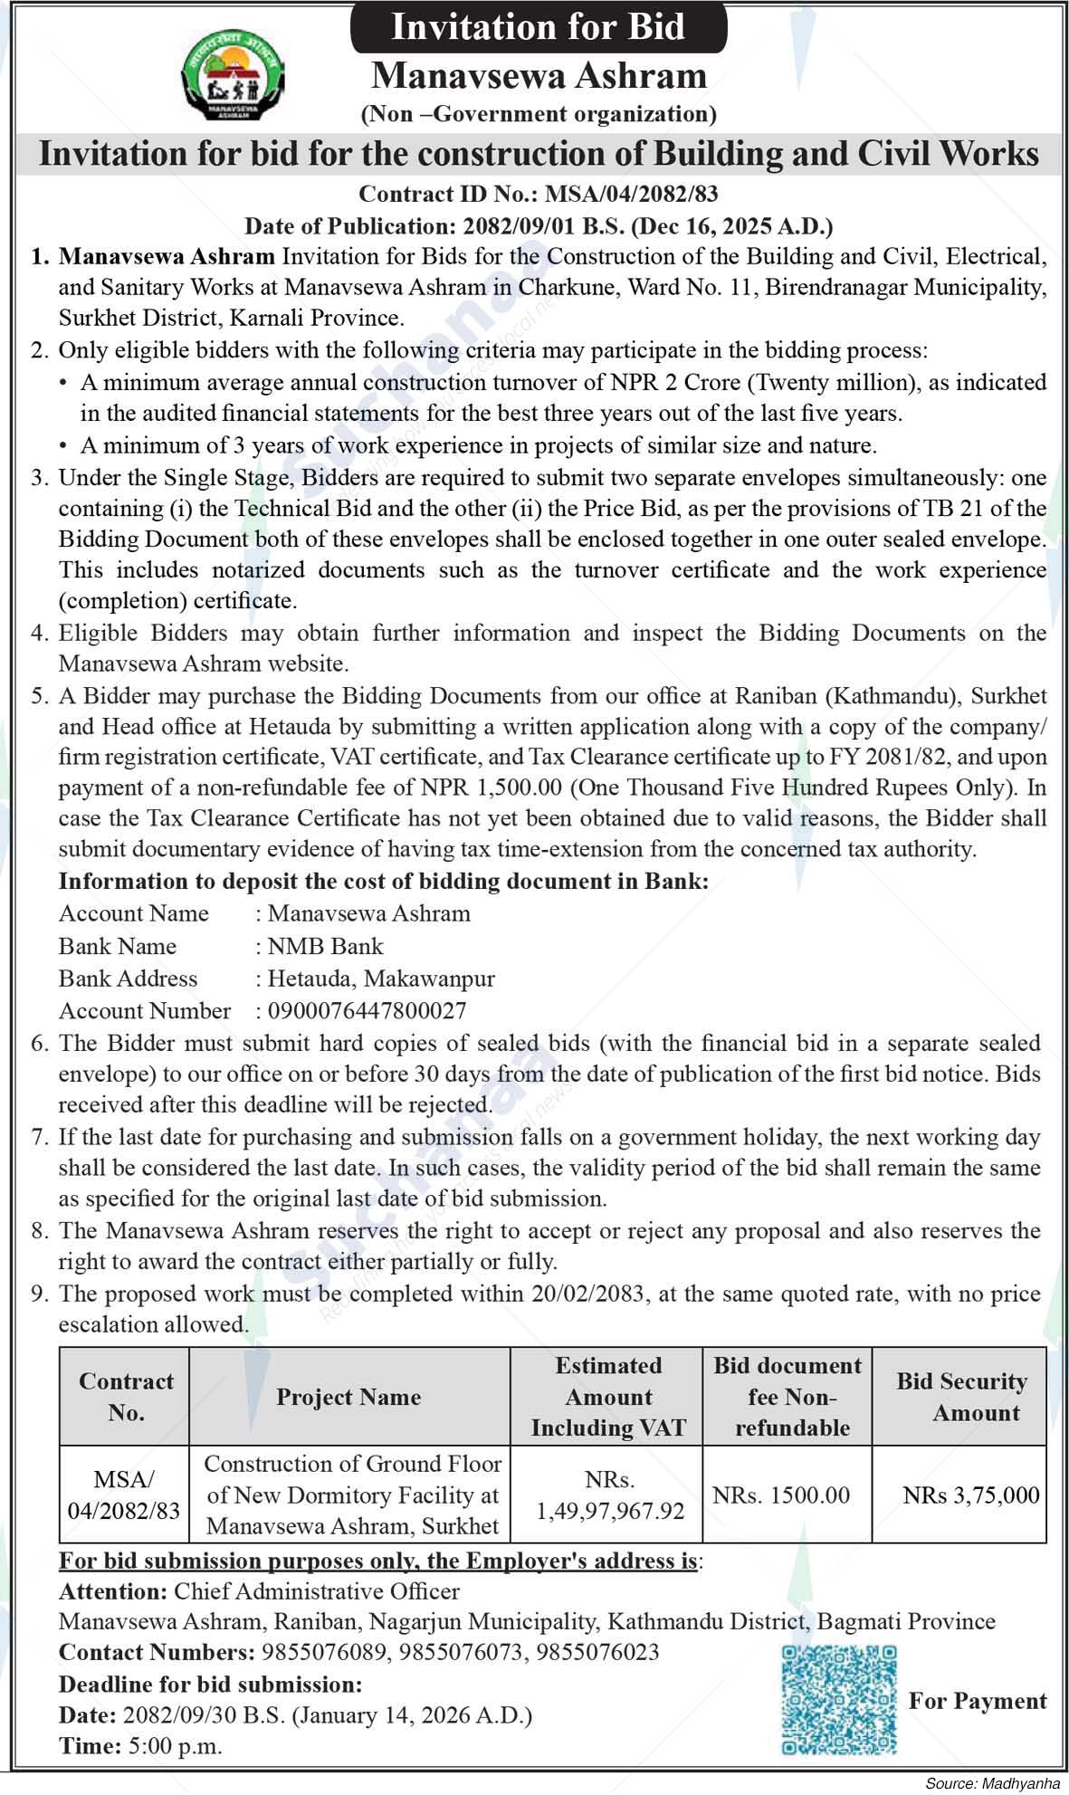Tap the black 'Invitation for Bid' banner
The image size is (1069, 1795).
538,26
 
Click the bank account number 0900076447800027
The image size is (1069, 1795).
367,1010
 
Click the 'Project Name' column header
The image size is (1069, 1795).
348,1397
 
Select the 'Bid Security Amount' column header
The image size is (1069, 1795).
961,1397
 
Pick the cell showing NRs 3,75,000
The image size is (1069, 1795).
970,1495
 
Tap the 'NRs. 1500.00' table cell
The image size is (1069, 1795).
781,1495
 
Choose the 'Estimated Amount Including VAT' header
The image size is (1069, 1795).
608,1397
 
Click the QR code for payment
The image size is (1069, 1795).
839,1700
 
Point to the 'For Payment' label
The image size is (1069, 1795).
978,1701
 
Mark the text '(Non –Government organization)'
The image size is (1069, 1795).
539,114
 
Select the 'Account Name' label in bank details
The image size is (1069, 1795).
134,913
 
